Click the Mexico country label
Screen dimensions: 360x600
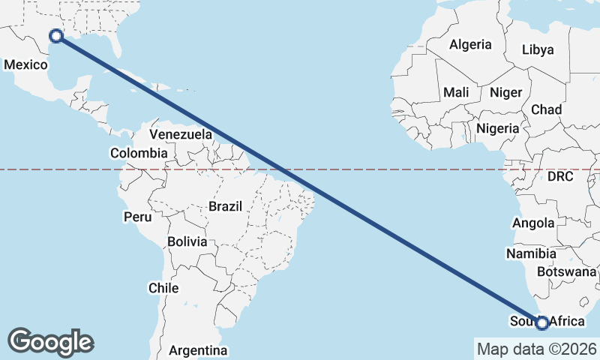tap(25, 65)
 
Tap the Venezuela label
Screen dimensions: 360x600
tap(181, 135)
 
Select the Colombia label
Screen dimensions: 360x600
tap(138, 153)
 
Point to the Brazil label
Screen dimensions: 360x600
tap(225, 206)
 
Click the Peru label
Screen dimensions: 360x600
tap(138, 217)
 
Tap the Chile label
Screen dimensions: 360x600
tap(163, 288)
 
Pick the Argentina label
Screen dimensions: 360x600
tap(198, 350)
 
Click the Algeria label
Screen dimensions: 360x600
tap(470, 44)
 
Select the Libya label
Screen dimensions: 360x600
tap(538, 50)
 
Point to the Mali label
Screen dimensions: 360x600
tap(456, 92)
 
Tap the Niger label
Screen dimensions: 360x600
tap(505, 93)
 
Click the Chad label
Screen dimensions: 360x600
tap(546, 109)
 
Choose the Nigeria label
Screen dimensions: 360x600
tap(497, 128)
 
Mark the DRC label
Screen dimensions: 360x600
tap(559, 177)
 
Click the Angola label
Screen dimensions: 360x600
tap(533, 223)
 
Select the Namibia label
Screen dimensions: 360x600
tap(530, 253)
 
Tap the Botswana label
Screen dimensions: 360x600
tap(566, 271)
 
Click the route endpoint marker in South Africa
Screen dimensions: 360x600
tap(542, 323)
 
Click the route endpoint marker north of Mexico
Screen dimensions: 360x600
tap(55, 35)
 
